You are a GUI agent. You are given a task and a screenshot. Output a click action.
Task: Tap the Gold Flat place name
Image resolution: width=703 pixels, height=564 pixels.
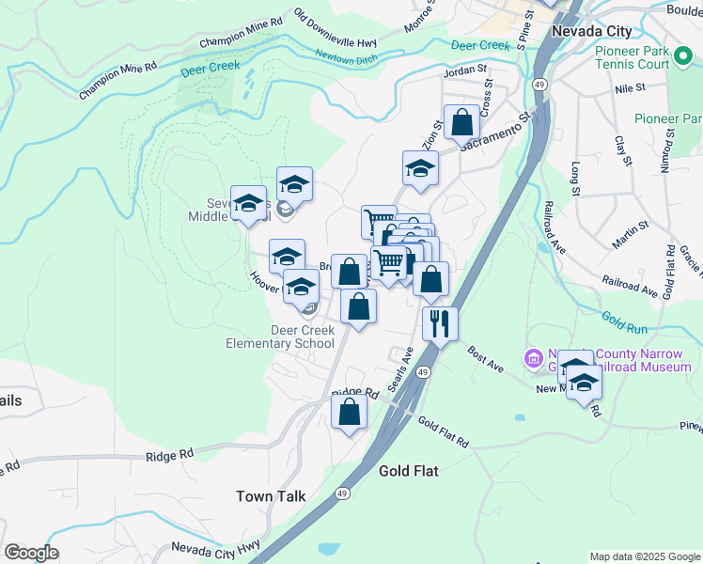point(409,470)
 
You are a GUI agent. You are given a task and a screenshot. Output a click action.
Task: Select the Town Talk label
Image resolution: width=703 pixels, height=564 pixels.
point(268,496)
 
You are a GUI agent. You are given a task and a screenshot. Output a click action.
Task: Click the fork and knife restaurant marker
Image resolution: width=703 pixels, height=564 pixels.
point(440,324)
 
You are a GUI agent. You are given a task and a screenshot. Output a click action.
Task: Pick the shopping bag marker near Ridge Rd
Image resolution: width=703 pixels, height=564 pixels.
point(349,412)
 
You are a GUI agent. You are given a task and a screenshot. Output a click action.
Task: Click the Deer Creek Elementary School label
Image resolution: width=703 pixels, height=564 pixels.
point(280,337)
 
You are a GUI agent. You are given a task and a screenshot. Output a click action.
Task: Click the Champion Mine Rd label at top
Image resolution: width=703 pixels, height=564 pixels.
point(242,34)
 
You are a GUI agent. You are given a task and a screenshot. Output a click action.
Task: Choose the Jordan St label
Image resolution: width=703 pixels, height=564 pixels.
point(466,69)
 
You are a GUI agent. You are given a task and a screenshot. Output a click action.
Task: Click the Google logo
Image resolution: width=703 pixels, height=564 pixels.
point(31,553)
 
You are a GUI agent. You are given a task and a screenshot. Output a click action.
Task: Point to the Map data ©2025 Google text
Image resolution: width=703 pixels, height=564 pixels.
point(645,556)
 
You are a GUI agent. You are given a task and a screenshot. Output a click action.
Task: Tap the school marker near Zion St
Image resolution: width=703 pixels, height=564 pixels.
point(420,169)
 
